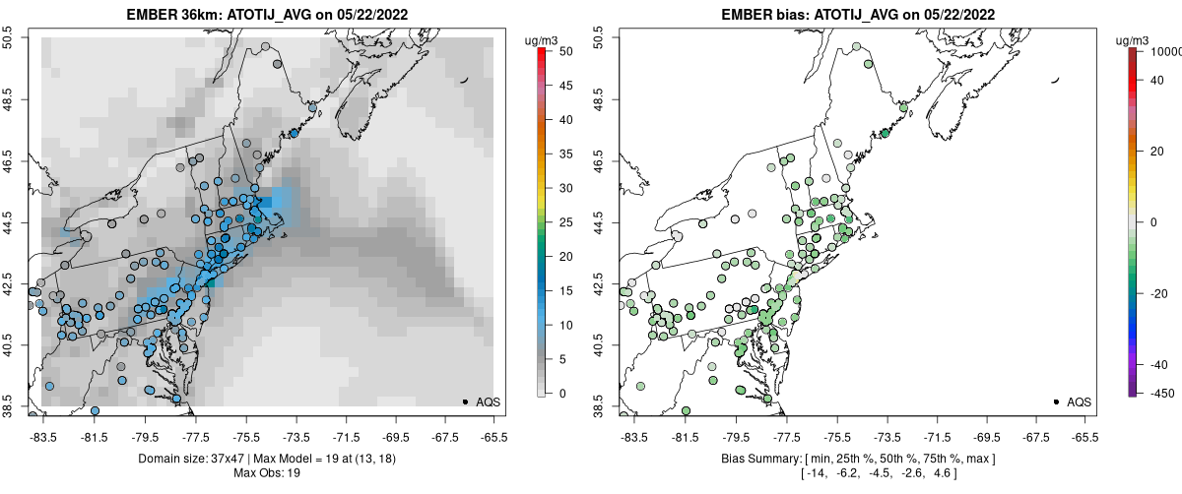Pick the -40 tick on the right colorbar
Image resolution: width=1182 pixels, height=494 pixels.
pyautogui.click(x=1157, y=364)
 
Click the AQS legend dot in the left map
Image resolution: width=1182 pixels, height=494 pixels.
pyautogui.click(x=465, y=401)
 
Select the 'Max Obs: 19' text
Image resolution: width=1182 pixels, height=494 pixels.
pyautogui.click(x=268, y=473)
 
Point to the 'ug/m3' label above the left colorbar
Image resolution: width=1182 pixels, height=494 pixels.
pyautogui.click(x=542, y=40)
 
